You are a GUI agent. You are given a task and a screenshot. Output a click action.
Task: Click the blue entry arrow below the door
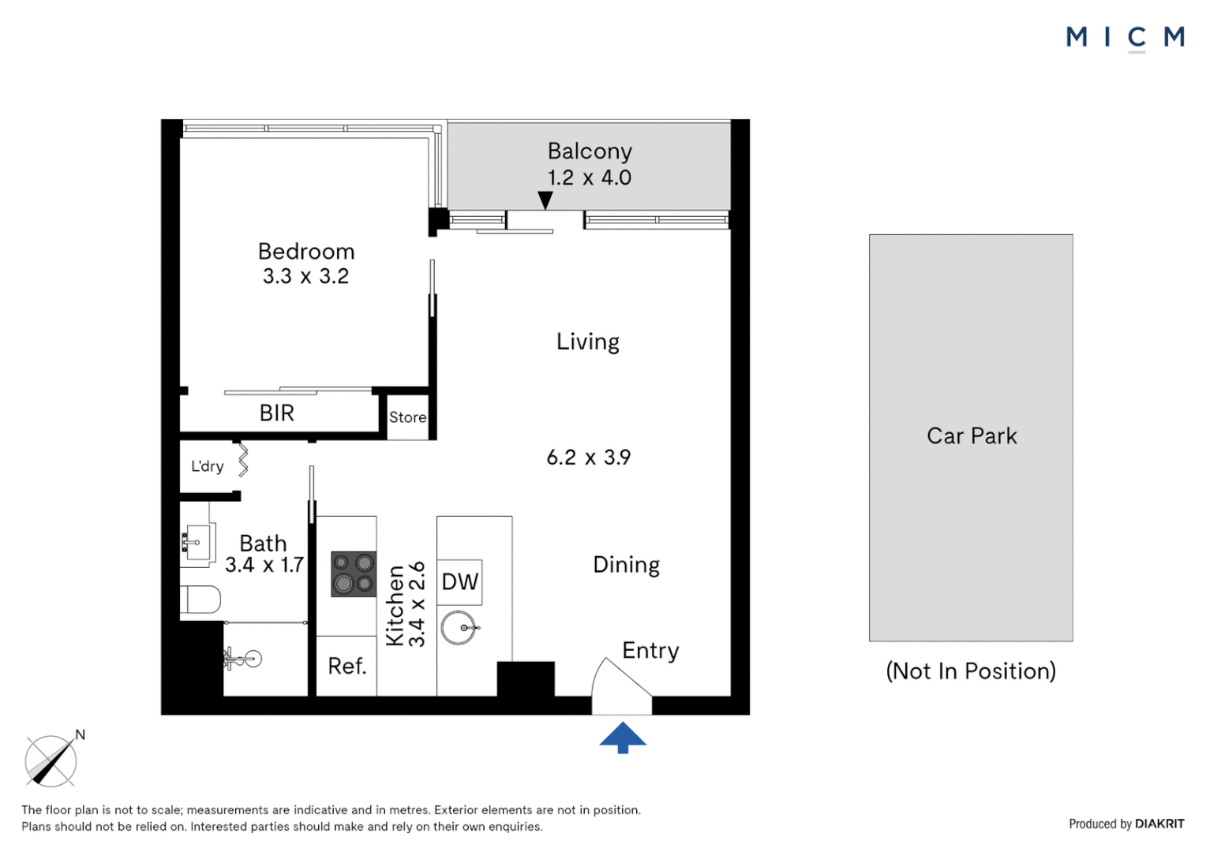click(x=623, y=738)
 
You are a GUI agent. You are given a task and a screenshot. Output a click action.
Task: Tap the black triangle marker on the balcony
click(x=545, y=200)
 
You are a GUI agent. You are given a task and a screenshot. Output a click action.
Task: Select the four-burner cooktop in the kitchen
click(x=354, y=574)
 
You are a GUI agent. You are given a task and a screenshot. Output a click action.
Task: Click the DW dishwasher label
click(x=460, y=582)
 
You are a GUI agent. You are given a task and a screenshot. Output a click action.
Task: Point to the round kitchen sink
click(x=459, y=628)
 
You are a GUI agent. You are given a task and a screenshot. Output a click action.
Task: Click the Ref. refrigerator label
click(x=347, y=667)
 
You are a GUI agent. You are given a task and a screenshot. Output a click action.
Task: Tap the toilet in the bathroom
click(x=200, y=600)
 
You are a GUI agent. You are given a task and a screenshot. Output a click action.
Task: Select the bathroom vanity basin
click(x=197, y=543)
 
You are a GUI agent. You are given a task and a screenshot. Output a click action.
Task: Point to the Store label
click(x=407, y=417)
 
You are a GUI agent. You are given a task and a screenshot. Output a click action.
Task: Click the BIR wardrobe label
click(x=277, y=413)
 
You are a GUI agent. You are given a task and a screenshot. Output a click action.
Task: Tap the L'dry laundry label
click(x=208, y=466)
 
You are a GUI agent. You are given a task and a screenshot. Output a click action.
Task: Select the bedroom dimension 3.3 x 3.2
click(x=305, y=276)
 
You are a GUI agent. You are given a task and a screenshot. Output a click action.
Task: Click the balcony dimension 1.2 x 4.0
click(x=590, y=177)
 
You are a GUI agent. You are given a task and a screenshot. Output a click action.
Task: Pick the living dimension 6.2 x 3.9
click(x=589, y=458)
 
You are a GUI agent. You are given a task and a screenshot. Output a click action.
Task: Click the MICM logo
click(x=1125, y=37)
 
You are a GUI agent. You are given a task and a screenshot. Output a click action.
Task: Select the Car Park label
click(x=972, y=436)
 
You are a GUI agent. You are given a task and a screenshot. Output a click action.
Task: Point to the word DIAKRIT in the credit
click(x=1159, y=824)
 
